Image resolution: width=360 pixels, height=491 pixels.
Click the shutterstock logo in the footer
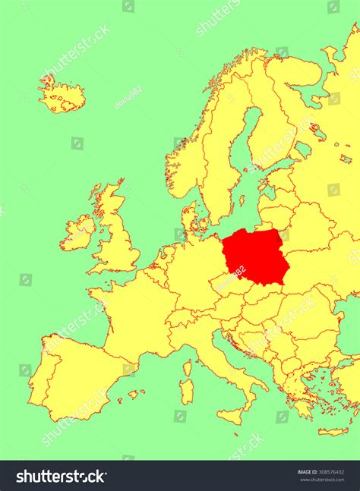tap(61, 477)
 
